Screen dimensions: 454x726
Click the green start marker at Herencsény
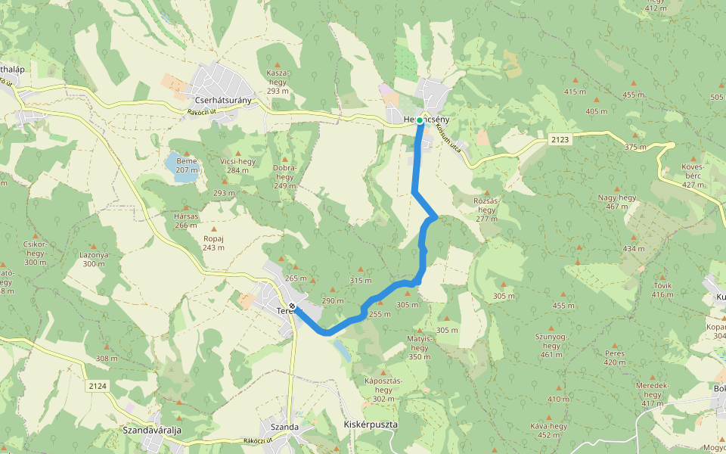[420, 120]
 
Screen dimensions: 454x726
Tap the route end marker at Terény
[292, 306]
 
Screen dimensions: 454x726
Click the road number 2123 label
[560, 139]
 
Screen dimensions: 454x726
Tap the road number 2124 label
[98, 386]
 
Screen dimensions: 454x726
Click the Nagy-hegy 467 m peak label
[618, 201]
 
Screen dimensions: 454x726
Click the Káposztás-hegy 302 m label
[384, 389]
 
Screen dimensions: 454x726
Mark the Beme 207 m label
[186, 165]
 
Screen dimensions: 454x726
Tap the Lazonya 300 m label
[93, 259]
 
